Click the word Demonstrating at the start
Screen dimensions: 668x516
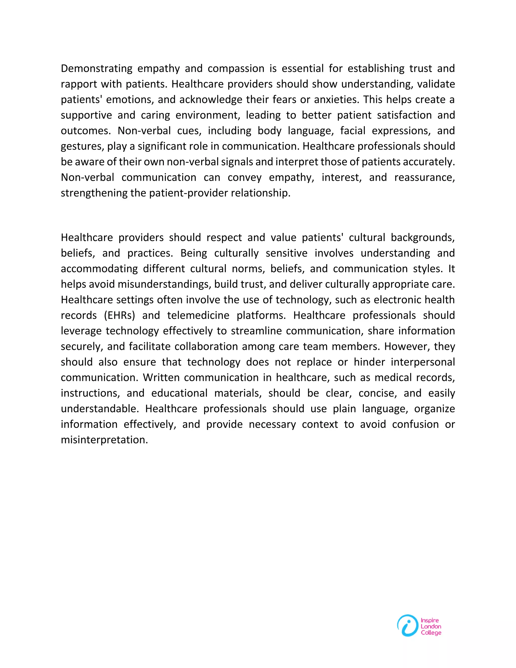96,69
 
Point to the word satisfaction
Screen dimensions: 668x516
404,115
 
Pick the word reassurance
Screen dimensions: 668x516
424,177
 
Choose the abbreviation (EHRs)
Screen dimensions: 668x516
119,315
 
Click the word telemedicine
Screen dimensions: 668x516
198,315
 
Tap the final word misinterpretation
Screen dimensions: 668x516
104,440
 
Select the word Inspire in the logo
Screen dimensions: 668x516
430,621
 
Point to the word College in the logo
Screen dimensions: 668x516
431,633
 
